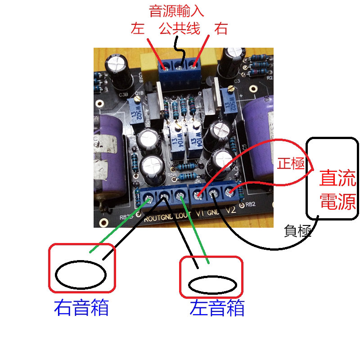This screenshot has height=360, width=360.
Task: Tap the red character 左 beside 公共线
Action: (137, 29)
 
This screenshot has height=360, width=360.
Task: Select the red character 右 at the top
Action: (220, 29)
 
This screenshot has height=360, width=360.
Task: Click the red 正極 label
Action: (291, 163)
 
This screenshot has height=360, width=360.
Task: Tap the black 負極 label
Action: (298, 231)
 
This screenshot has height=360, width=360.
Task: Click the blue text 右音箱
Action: (81, 308)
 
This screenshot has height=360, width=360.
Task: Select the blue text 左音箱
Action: (217, 308)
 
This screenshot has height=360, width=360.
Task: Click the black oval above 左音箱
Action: (212, 284)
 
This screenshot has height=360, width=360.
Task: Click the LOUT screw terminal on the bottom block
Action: (180, 196)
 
